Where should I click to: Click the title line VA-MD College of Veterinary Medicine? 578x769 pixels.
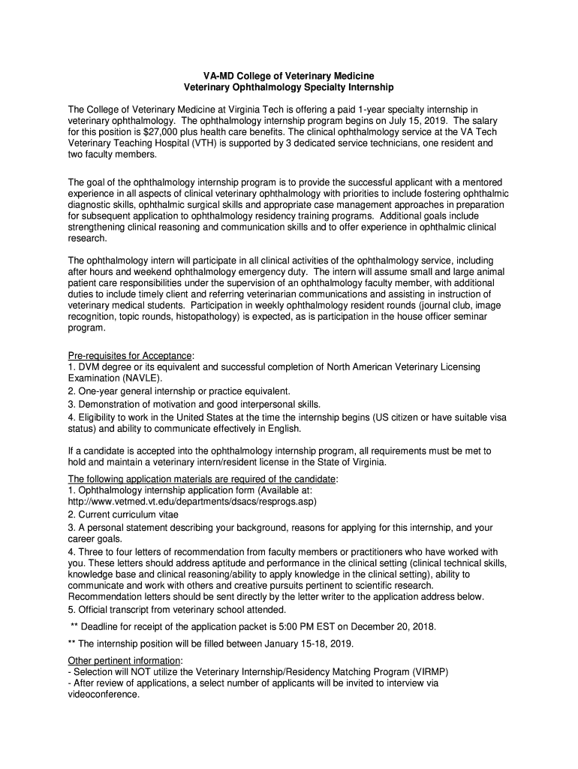(289, 76)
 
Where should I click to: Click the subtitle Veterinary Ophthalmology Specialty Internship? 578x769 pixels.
(289, 88)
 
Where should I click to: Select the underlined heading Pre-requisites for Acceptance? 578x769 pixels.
(131, 355)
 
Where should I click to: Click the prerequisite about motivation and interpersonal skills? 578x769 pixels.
(194, 404)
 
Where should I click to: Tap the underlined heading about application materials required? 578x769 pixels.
(203, 479)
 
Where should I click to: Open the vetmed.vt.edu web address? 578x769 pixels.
(192, 501)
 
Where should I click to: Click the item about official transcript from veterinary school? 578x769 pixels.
(177, 609)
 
